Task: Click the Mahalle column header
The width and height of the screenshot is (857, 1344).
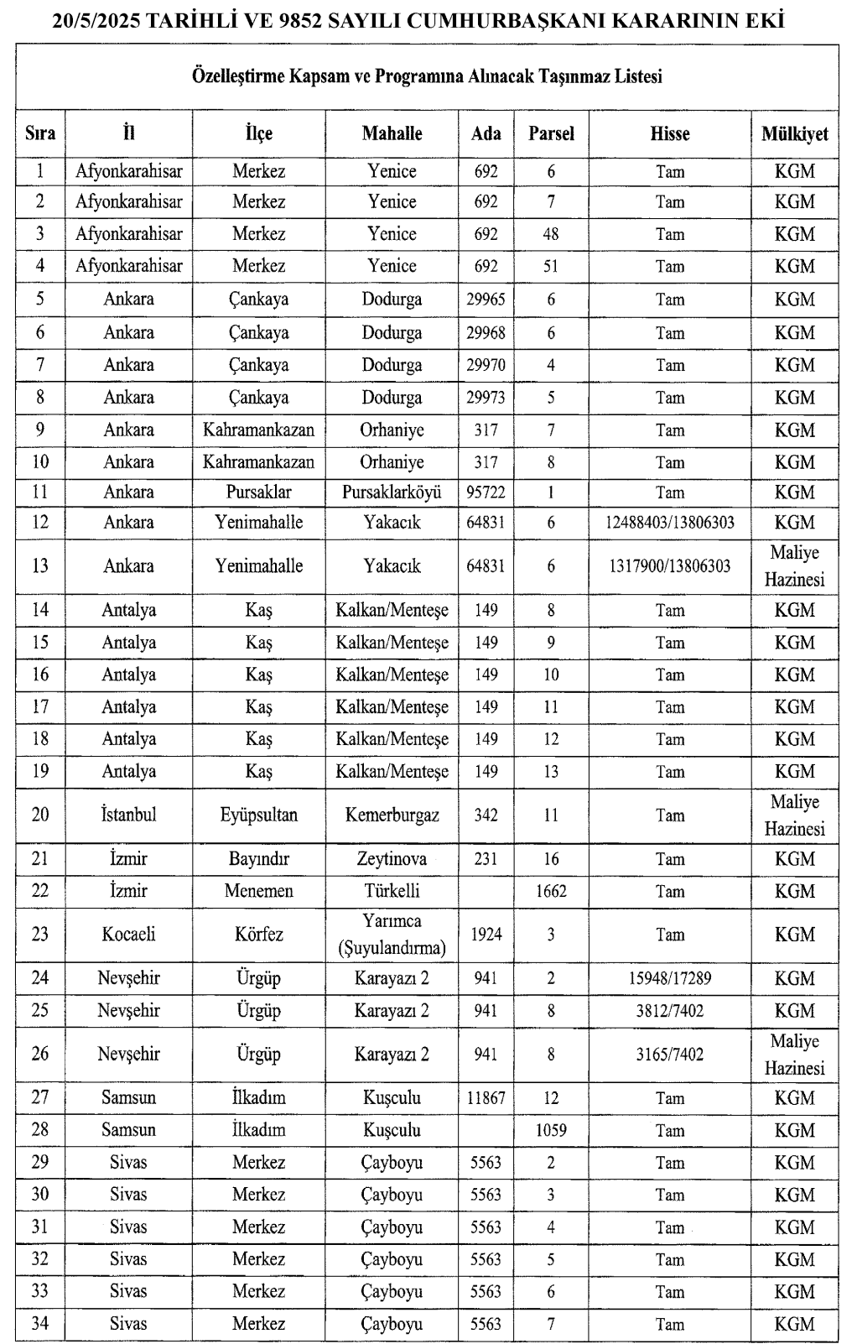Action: tap(392, 133)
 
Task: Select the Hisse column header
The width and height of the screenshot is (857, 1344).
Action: tap(669, 133)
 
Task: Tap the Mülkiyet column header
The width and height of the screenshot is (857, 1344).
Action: tap(794, 133)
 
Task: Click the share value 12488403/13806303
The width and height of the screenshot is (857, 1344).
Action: tap(669, 523)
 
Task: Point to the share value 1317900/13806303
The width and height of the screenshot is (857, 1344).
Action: tap(669, 566)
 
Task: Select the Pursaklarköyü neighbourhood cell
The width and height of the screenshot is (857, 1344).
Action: tap(392, 492)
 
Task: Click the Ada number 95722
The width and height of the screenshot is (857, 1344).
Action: tap(486, 492)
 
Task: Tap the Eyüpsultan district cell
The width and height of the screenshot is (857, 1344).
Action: tap(258, 815)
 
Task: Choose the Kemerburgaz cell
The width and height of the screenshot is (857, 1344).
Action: tap(392, 815)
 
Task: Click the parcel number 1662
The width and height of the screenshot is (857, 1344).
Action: tap(550, 891)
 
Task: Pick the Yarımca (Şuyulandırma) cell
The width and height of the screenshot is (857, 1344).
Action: tap(392, 935)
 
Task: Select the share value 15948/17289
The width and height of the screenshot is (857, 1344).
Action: tap(669, 978)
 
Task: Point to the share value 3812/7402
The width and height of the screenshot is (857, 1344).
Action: tap(669, 1011)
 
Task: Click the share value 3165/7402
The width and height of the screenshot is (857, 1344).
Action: tap(669, 1055)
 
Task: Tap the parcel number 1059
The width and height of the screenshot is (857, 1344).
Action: tap(550, 1130)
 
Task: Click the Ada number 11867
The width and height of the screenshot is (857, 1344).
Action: tap(486, 1097)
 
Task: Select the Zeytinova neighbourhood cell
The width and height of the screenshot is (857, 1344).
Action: tap(392, 859)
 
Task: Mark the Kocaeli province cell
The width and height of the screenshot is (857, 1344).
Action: tap(128, 935)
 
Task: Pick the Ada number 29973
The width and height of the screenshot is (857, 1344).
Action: tap(486, 398)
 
